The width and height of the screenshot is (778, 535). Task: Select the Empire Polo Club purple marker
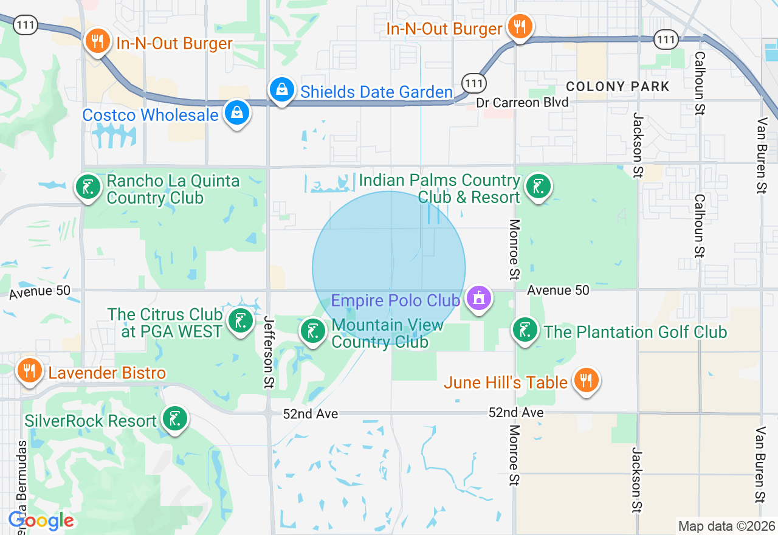(479, 299)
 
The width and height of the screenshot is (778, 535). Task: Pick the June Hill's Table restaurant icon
(586, 381)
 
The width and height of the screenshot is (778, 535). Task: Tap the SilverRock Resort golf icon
(175, 419)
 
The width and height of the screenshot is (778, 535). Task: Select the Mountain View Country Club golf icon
(312, 331)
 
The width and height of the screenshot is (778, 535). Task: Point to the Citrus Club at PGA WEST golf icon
(241, 321)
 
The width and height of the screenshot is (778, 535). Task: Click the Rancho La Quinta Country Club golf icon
(89, 187)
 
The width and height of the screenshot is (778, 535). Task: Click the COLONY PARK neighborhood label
(618, 86)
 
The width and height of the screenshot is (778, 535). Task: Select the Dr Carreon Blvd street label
(522, 103)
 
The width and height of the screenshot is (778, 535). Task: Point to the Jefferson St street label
(268, 352)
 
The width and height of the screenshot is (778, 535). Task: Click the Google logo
(41, 520)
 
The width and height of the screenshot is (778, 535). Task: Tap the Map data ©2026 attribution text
(726, 526)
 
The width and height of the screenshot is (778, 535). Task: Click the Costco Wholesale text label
(150, 115)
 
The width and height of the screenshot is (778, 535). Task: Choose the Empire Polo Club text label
(395, 300)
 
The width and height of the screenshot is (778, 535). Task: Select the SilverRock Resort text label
(91, 421)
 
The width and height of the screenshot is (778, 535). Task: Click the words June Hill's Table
(506, 382)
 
